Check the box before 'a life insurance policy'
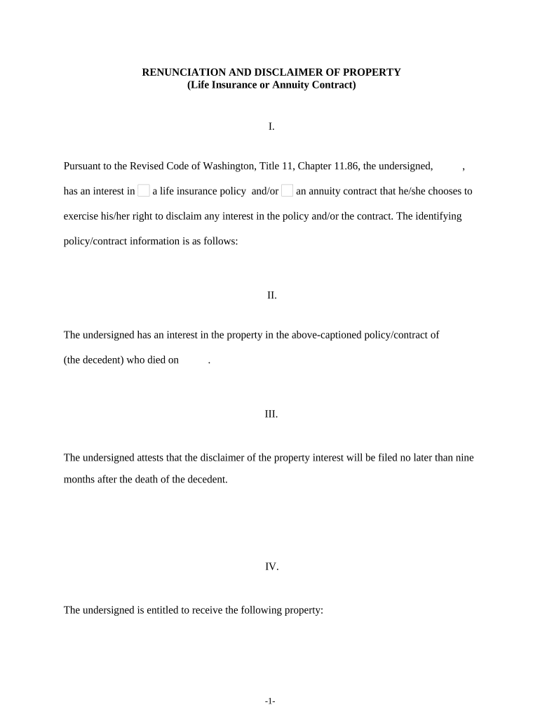[x=144, y=190]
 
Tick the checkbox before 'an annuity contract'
[x=287, y=190]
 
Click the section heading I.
[x=271, y=127]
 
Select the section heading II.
[x=271, y=296]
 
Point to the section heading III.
[x=271, y=414]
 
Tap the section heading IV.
[x=271, y=567]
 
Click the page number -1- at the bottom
[x=271, y=701]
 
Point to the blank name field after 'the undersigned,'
[x=449, y=166]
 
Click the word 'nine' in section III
[x=465, y=458]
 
